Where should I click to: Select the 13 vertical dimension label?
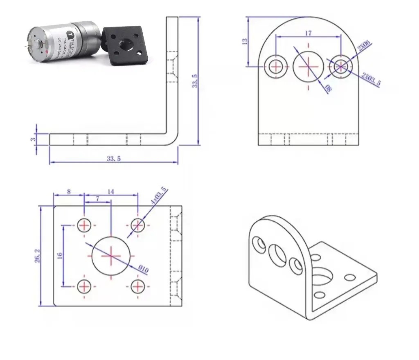(244, 41)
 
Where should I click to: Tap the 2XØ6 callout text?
(364, 47)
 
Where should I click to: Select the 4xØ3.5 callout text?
(159, 196)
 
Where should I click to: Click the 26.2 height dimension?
(37, 256)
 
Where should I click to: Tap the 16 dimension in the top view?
(60, 256)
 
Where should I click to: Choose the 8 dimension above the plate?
(68, 191)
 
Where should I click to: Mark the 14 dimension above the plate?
(111, 191)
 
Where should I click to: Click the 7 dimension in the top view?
(97, 198)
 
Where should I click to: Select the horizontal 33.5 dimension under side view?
(113, 159)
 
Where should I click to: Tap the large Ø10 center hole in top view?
(111, 256)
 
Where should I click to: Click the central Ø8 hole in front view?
(308, 66)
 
